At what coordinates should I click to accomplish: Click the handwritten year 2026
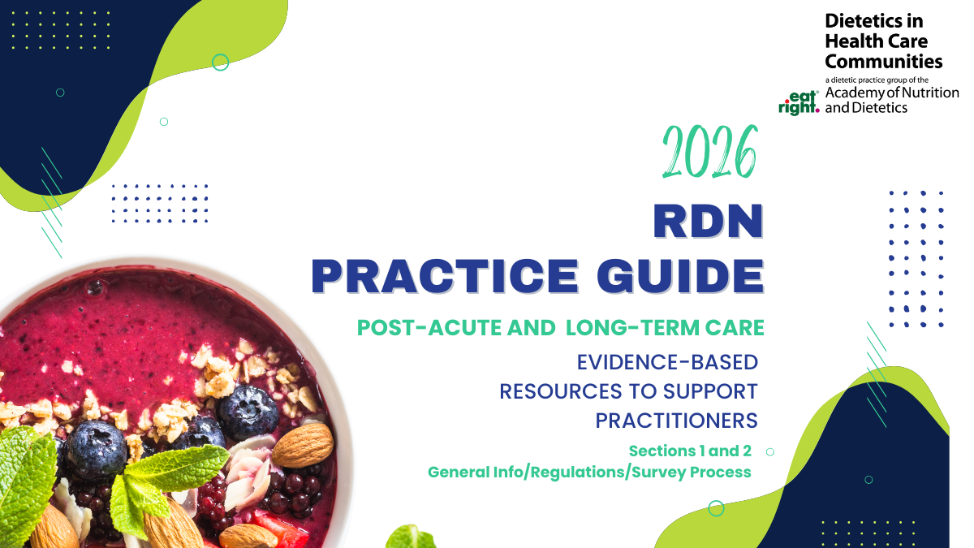(x=709, y=152)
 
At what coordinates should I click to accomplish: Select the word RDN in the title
(x=709, y=222)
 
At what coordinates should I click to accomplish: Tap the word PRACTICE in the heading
(x=444, y=276)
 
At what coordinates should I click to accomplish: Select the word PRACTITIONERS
(x=676, y=421)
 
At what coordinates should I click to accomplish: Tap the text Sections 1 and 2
(x=690, y=451)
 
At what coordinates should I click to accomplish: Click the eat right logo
(x=799, y=101)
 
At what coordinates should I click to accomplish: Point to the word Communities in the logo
(x=883, y=61)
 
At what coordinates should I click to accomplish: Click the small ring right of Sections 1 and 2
(x=770, y=451)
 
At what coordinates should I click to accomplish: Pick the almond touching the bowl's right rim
(x=304, y=442)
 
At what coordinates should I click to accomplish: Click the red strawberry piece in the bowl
(x=270, y=520)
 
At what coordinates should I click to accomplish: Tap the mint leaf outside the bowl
(x=411, y=537)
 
